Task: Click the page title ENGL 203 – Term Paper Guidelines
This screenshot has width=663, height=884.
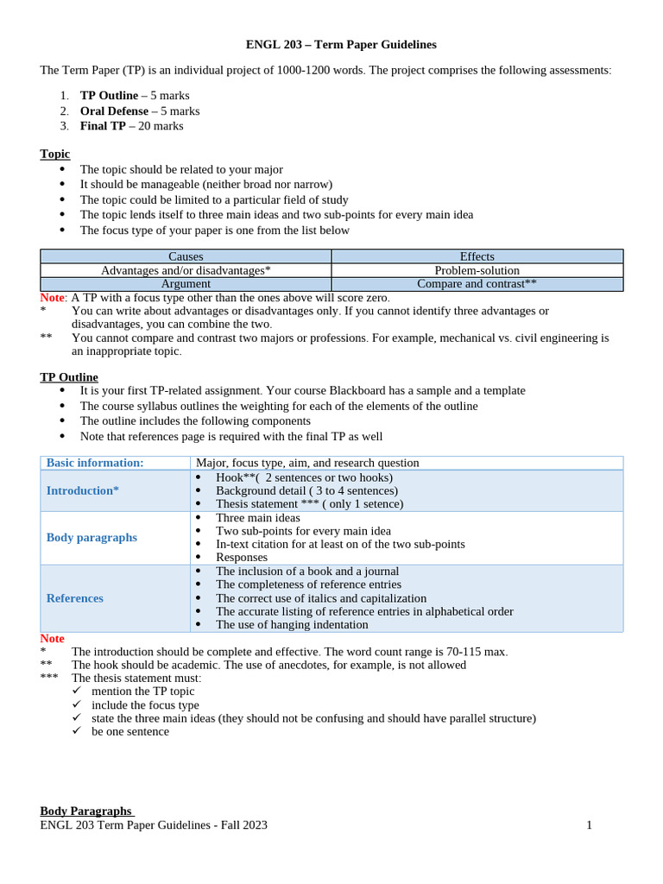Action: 341,44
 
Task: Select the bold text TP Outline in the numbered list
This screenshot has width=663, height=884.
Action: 109,95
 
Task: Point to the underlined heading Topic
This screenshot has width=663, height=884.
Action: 55,154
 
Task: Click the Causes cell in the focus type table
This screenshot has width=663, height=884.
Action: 186,256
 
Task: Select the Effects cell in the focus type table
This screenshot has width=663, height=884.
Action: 477,256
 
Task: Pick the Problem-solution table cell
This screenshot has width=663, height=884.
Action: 477,270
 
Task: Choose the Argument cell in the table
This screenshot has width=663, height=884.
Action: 186,283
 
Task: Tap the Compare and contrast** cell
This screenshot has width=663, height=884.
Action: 477,283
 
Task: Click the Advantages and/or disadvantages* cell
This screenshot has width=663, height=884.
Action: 186,270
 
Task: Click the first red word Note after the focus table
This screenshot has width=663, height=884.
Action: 53,297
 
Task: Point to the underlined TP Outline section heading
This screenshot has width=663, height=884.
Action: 69,377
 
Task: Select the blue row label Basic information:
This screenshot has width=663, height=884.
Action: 95,463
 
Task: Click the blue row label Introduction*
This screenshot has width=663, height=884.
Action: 83,490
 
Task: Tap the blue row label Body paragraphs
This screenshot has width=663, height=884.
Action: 92,537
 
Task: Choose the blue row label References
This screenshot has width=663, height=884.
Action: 75,597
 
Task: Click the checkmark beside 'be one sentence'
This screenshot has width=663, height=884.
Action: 77,731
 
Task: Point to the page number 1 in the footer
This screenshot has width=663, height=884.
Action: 590,824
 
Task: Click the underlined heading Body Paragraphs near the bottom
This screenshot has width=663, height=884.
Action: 85,811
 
